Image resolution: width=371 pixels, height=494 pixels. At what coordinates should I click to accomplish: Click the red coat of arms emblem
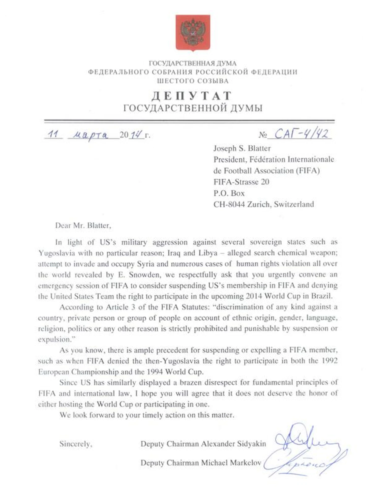(x=193, y=32)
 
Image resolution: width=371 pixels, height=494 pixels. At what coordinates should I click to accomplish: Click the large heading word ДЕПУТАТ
(x=192, y=96)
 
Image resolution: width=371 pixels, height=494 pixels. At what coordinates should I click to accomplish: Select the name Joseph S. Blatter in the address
(x=242, y=148)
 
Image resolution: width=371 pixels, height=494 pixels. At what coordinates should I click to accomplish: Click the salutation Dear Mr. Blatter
(x=83, y=225)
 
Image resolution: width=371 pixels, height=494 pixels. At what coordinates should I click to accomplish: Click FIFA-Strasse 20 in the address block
(x=241, y=182)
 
